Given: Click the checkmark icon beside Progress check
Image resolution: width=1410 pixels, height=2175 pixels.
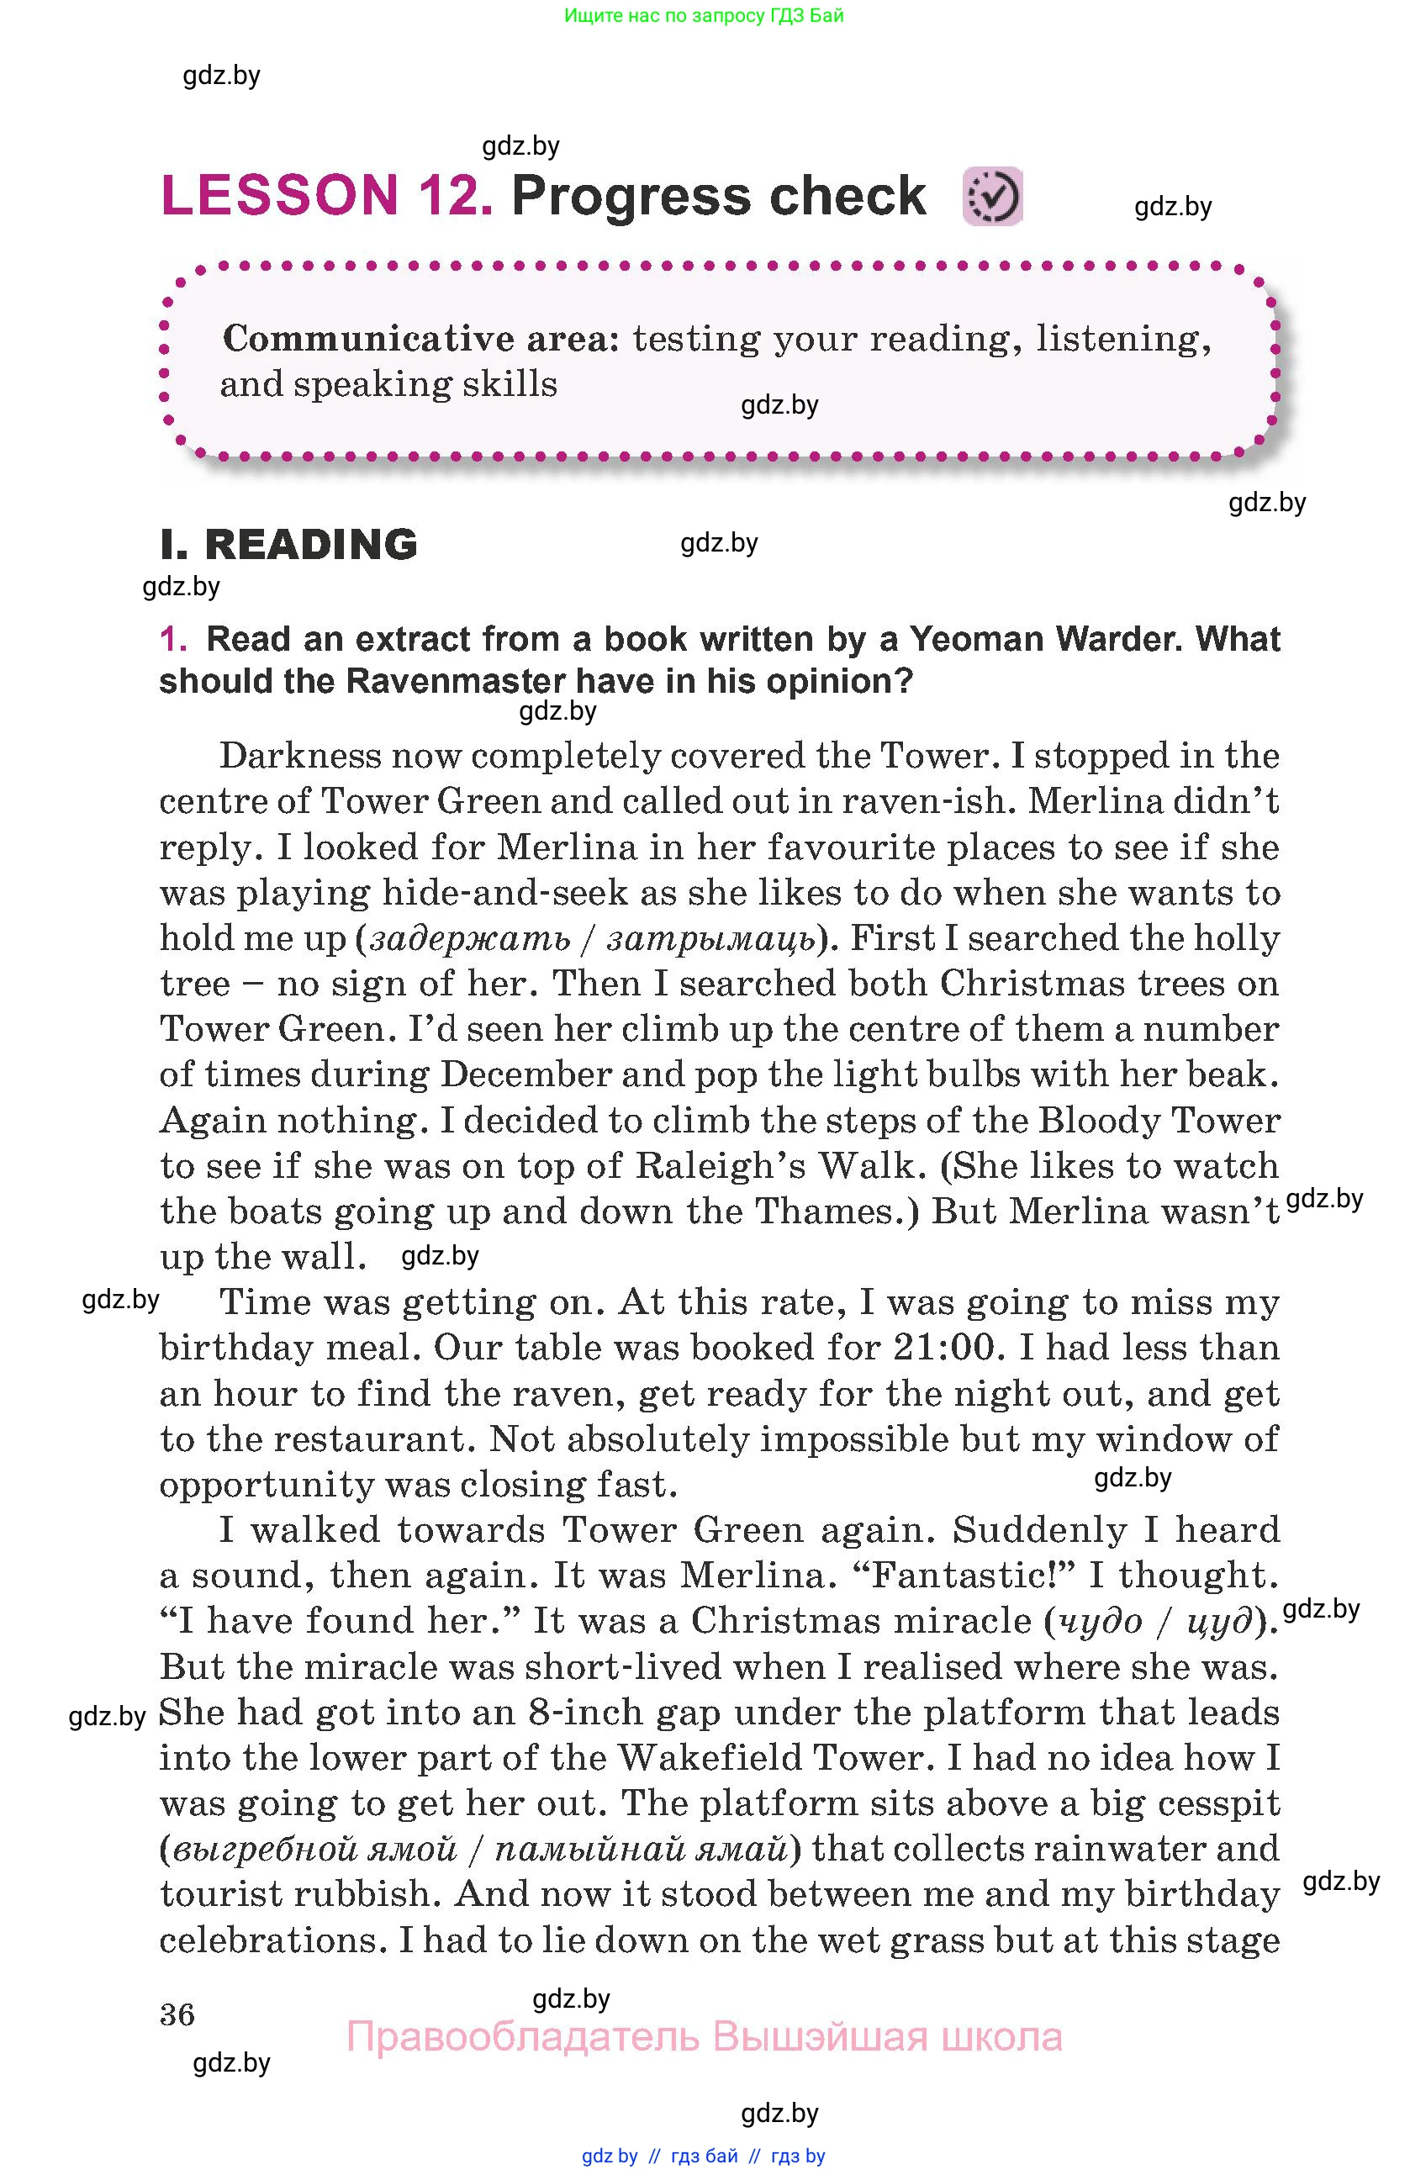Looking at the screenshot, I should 991,196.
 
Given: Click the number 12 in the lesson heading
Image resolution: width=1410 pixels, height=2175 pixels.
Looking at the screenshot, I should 455,196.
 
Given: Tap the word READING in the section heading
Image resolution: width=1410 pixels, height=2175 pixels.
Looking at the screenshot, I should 311,545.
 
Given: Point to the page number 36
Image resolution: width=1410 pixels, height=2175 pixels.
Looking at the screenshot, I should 177,2014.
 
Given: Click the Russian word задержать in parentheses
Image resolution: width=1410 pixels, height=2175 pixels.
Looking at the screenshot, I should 470,938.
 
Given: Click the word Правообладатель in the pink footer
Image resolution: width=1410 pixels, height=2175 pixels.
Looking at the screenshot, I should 522,2037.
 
